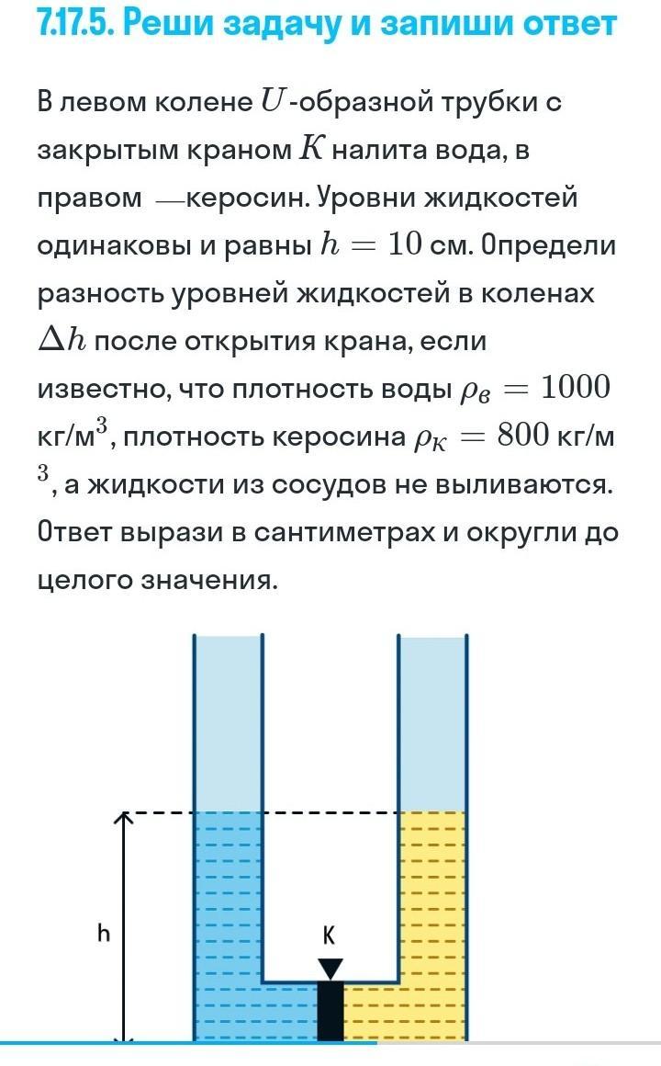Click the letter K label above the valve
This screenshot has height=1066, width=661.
point(330,935)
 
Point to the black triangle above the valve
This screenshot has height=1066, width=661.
point(330,968)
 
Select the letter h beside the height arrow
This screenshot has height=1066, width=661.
point(104,934)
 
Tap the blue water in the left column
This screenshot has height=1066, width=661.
point(228,901)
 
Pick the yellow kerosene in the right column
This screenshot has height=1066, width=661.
point(432,901)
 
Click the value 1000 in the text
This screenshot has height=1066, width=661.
point(575,388)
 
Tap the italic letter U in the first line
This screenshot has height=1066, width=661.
point(272,102)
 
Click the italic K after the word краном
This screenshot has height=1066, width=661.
point(310,150)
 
